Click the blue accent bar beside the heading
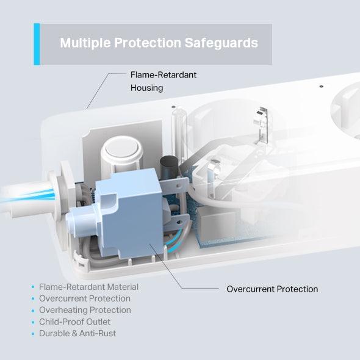click(x=37, y=44)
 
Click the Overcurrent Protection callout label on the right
click(x=272, y=289)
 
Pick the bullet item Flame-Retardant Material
click(x=88, y=287)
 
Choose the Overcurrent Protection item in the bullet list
click(x=85, y=298)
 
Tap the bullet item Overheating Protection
click(x=85, y=310)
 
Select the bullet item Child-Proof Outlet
click(x=75, y=322)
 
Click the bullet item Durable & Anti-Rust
click(x=77, y=333)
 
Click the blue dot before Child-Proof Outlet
click(x=32, y=322)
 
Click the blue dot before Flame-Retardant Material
click(x=32, y=287)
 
